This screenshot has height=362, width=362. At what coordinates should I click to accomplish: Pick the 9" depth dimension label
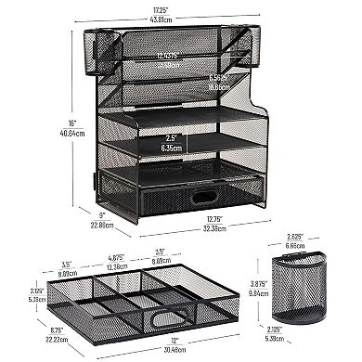click(x=101, y=214)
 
